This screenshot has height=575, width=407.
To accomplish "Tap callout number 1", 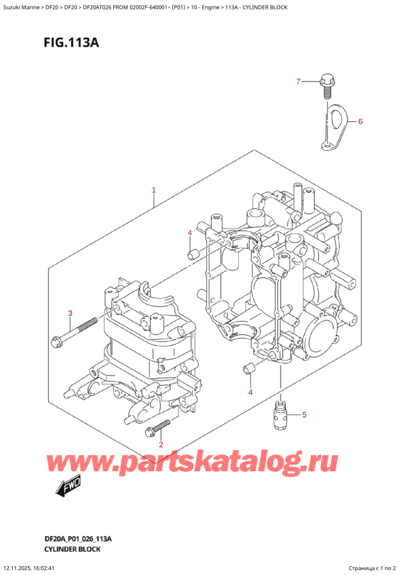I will click(x=154, y=191).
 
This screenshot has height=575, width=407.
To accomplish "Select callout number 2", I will click(x=161, y=444).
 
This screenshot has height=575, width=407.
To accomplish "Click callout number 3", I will click(x=70, y=313).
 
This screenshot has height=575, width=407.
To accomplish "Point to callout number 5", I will click(x=304, y=414).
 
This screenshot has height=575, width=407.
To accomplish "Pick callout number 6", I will click(x=360, y=122).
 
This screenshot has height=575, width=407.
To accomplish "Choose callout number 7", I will click(x=297, y=83).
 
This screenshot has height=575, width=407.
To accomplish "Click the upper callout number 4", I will click(x=190, y=233).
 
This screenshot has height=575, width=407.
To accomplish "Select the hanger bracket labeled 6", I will click(x=334, y=123).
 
